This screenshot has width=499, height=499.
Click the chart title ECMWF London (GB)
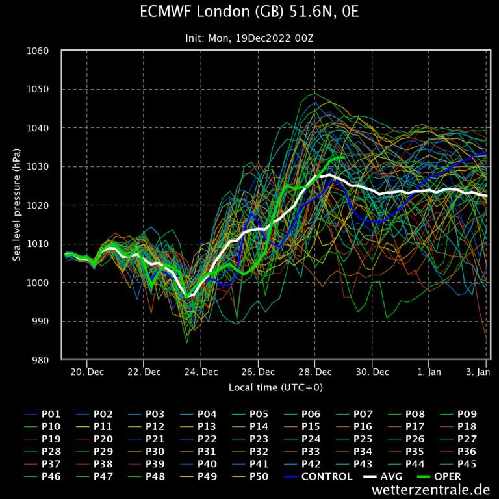click(249, 12)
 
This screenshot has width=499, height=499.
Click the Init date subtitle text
click(249, 38)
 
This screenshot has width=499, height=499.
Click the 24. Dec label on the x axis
click(201, 372)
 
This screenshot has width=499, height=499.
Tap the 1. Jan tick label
click(429, 372)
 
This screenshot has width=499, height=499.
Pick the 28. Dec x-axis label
click(315, 372)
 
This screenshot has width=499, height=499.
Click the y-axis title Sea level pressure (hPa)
click(16, 205)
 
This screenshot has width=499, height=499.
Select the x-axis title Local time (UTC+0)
click(275, 388)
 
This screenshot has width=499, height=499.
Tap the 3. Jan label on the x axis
click(478, 372)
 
